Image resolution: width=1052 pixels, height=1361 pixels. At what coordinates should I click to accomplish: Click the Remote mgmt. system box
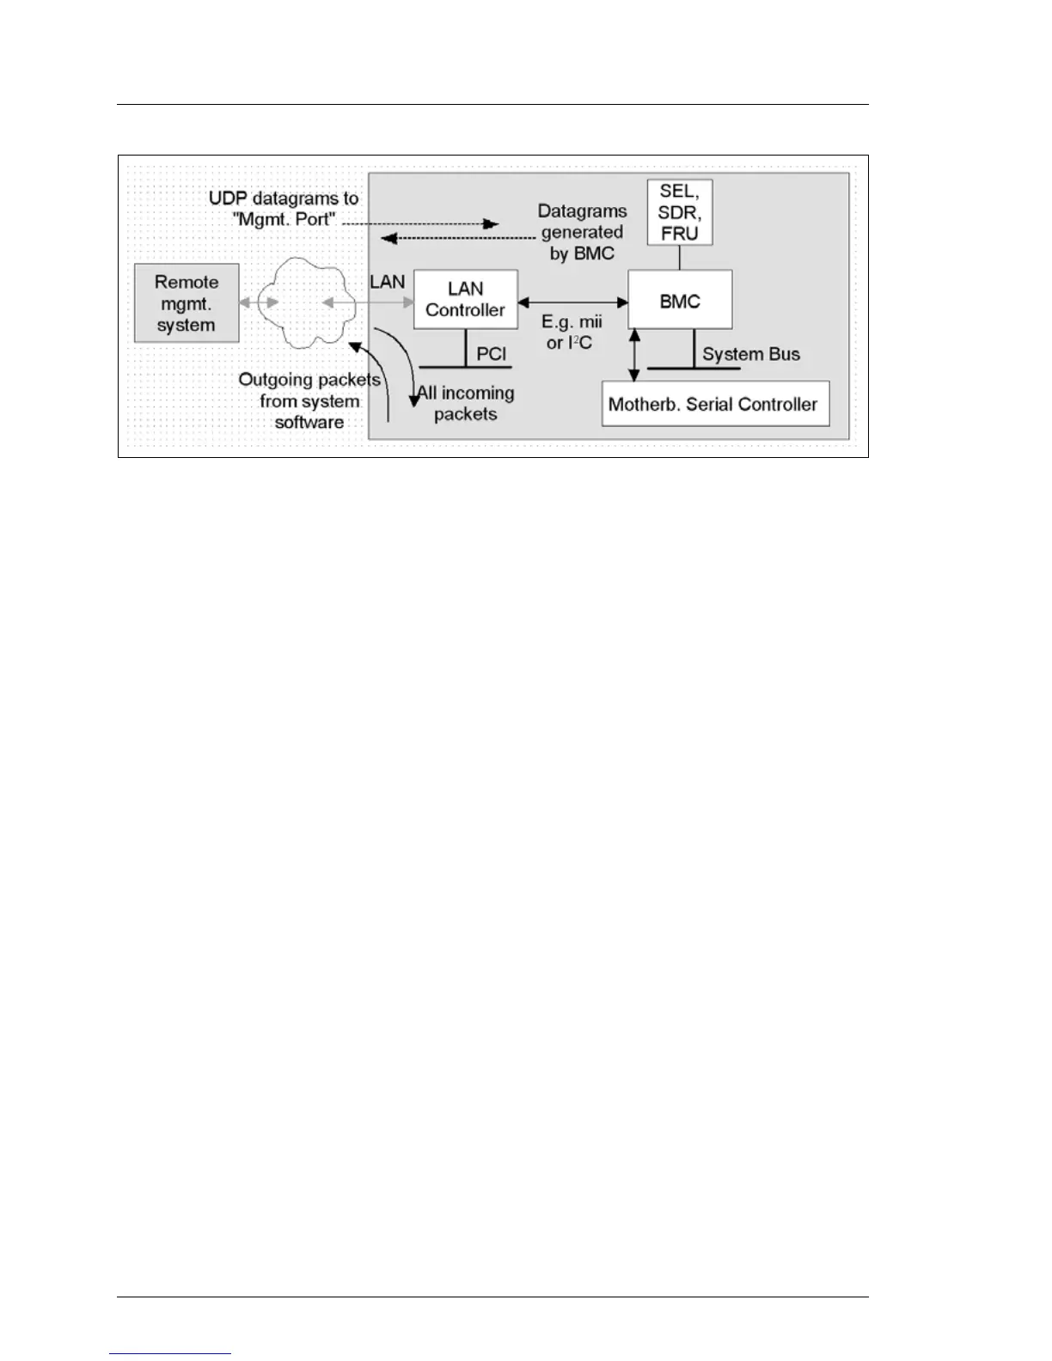tap(187, 303)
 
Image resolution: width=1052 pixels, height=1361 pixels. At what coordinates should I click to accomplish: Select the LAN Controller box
tap(466, 299)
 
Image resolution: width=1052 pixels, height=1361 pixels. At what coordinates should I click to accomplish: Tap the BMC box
tap(680, 300)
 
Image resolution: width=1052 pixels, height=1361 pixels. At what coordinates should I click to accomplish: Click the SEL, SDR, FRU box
tap(680, 212)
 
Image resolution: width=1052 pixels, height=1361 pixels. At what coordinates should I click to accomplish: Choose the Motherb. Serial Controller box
tap(715, 404)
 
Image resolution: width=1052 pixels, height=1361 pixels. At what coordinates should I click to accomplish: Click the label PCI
tap(492, 354)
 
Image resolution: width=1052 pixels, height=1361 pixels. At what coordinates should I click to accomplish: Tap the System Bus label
tap(751, 354)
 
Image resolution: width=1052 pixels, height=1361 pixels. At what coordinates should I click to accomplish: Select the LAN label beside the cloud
tap(387, 282)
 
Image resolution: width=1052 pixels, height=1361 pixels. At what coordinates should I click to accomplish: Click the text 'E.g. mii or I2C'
tap(572, 333)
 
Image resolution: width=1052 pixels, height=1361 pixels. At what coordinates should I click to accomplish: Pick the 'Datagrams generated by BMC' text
tap(582, 232)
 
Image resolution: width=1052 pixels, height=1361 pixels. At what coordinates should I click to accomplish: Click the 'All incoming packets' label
tap(466, 403)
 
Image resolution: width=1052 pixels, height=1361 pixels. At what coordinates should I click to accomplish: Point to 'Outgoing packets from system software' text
tap(309, 400)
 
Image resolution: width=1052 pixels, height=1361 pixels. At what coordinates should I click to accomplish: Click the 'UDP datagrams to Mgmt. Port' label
tap(284, 209)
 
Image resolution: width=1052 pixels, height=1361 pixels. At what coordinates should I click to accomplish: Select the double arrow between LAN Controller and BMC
tap(573, 301)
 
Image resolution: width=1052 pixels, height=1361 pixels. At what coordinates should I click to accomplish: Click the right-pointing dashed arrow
tap(421, 223)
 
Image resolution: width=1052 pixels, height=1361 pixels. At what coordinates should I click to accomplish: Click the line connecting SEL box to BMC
tap(680, 258)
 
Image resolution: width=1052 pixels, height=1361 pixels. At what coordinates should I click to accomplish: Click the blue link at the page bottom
tap(171, 1353)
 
